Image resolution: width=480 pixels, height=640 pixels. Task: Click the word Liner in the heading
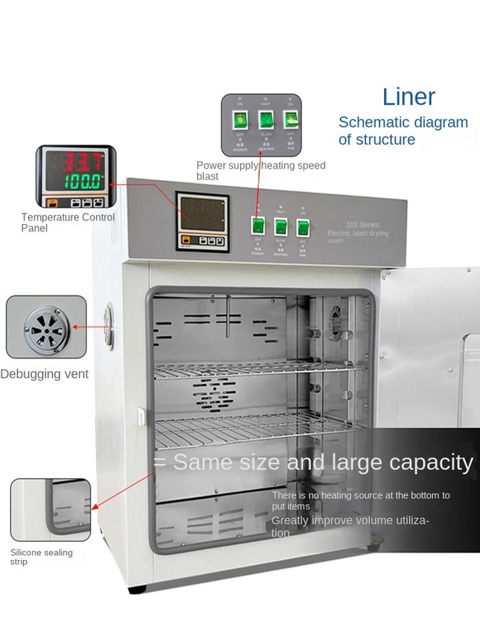409,97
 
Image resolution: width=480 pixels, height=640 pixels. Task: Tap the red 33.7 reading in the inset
81,161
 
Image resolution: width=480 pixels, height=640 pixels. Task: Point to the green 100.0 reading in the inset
81,181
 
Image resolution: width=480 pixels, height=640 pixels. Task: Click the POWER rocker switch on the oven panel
258,226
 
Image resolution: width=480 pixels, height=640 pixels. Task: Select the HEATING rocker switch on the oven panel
281,227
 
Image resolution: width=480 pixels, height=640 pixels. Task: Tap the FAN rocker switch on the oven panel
303,227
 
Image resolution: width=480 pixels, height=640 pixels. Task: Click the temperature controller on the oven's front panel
202,221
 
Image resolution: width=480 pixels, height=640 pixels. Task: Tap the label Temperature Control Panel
67,223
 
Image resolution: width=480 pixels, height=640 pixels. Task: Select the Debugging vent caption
44,374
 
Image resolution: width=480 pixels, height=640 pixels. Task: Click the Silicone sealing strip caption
41,557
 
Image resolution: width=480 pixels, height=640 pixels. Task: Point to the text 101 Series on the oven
361,225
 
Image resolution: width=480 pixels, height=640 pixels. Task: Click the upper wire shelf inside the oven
260,369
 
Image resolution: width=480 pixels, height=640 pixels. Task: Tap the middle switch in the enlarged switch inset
266,120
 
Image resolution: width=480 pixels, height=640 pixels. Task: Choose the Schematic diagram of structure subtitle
403,131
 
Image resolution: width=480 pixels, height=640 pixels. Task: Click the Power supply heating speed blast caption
261,171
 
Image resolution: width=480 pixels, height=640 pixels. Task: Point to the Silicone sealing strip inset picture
51,510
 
